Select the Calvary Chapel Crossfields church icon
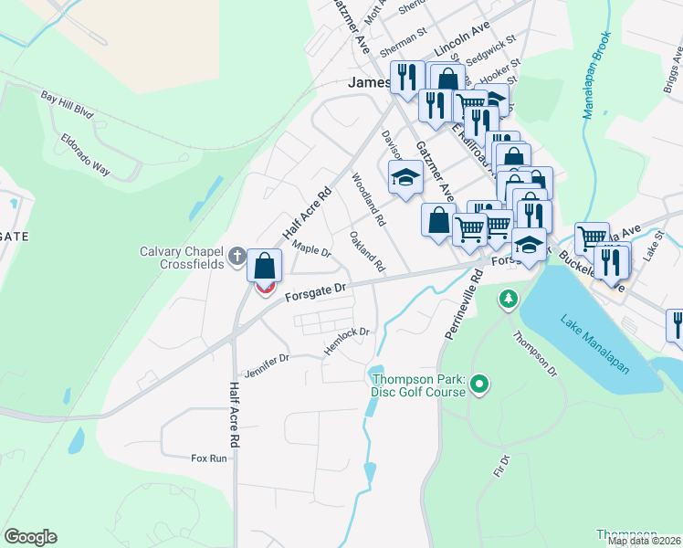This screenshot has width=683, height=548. [237, 257]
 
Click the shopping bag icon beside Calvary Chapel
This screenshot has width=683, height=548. [264, 267]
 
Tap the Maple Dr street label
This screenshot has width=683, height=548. [311, 248]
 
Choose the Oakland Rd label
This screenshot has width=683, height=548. [367, 251]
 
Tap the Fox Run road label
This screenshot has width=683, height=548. [208, 458]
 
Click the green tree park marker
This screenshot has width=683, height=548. [508, 299]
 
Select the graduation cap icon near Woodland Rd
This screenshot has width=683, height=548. [405, 177]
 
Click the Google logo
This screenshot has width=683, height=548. [30, 537]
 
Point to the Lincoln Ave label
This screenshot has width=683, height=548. [463, 39]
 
